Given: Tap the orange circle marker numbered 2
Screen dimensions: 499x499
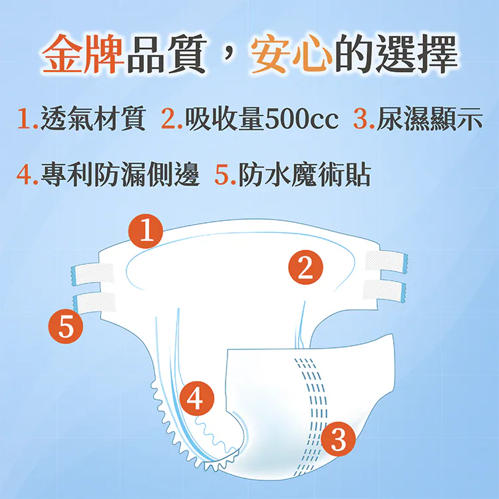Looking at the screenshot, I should tap(305, 268).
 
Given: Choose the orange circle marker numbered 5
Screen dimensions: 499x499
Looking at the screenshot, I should tap(65, 326).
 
